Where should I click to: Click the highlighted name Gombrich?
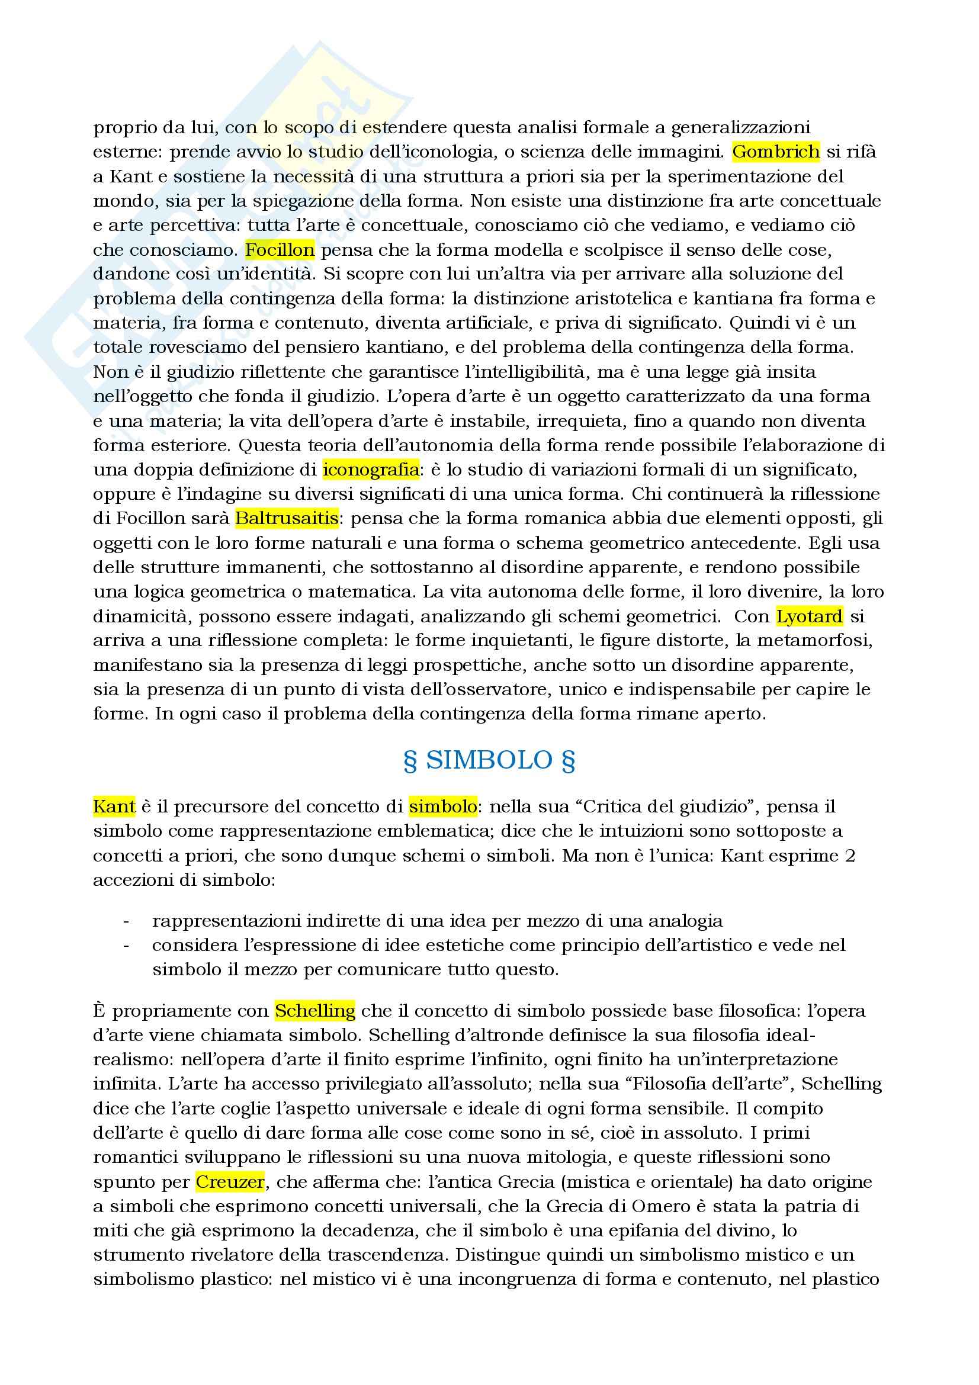(x=775, y=152)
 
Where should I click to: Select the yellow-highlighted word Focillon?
(x=280, y=250)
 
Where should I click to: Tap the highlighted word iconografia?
(x=371, y=470)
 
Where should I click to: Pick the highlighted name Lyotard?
(x=810, y=616)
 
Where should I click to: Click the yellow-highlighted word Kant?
(x=114, y=806)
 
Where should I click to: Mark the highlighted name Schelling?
(x=315, y=1010)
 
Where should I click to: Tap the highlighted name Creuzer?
(x=230, y=1182)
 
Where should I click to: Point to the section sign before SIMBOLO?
(x=410, y=761)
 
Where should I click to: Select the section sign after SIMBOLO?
(x=567, y=761)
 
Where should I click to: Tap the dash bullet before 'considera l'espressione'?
(x=126, y=946)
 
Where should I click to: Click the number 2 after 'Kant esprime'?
(x=849, y=856)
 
